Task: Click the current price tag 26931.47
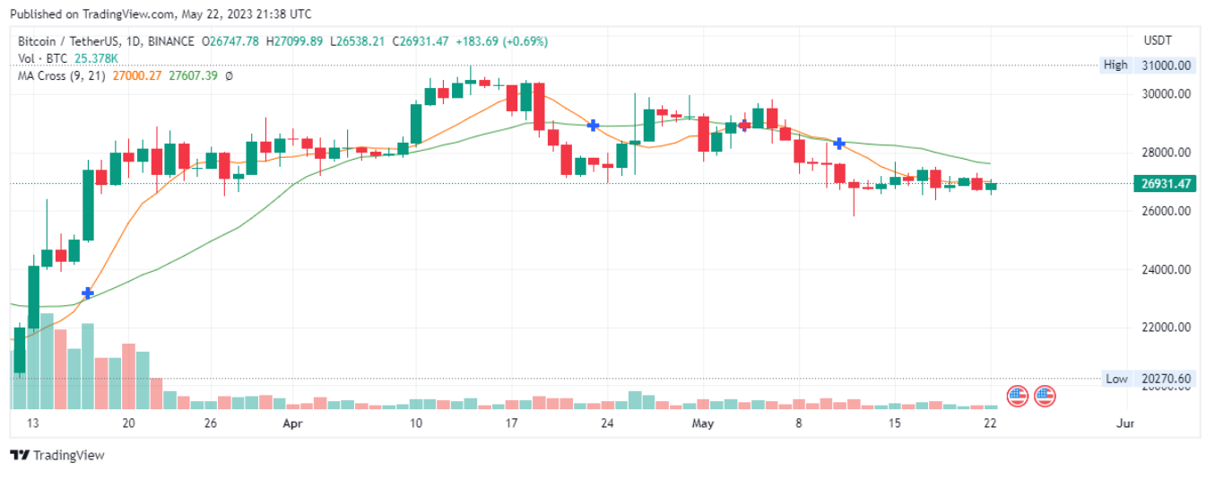click(x=1165, y=184)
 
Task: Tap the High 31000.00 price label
click(x=1148, y=66)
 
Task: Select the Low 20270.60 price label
click(x=1148, y=379)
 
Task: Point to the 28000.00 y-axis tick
click(x=1167, y=153)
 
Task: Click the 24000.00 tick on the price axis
click(x=1167, y=269)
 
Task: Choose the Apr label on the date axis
click(x=293, y=424)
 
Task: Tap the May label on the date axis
click(x=703, y=424)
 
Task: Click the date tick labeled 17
click(x=511, y=424)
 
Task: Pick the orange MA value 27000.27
click(x=137, y=76)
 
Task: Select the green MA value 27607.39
click(x=194, y=76)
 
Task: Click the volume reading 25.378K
click(x=96, y=58)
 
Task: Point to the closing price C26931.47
click(x=421, y=41)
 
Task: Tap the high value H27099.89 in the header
click(x=294, y=41)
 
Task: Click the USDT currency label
click(x=1158, y=40)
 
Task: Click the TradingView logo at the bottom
click(x=57, y=456)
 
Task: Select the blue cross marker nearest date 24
click(x=593, y=126)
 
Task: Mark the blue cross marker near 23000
click(x=87, y=293)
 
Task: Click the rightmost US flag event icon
click(x=1045, y=397)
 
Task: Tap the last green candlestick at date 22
click(x=991, y=187)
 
